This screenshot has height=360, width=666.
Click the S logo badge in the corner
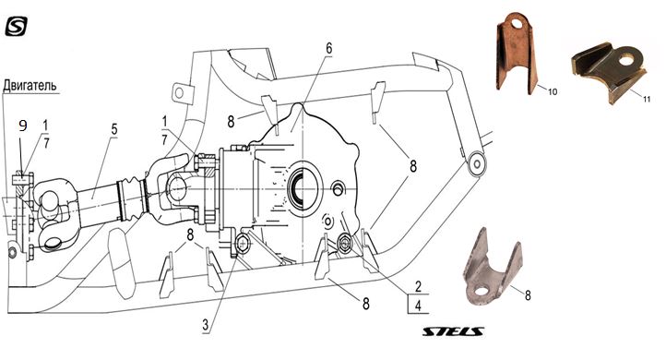point(16,27)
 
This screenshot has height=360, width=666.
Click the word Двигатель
point(30,86)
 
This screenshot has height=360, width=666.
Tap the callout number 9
point(23,126)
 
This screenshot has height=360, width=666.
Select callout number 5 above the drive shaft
point(113,129)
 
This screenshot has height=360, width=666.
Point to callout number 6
point(328,48)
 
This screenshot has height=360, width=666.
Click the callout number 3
point(206,325)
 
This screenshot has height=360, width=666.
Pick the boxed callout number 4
point(418,306)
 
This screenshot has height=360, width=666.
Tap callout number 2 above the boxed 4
point(418,286)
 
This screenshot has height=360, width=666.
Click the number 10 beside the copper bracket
point(553,91)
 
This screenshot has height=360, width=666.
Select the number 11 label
point(647,100)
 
